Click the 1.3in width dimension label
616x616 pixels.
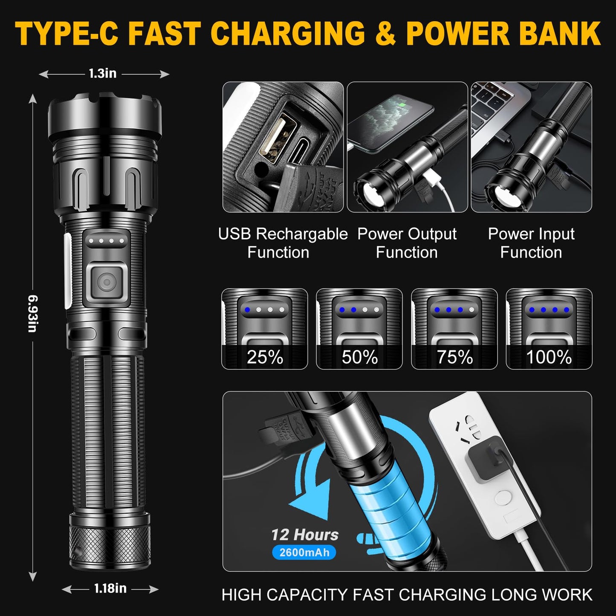103,74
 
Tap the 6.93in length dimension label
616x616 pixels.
32,313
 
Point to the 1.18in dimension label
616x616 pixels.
110,588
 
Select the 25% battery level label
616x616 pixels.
265,357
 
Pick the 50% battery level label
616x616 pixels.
359,357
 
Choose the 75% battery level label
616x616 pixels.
454,357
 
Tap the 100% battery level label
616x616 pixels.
549,357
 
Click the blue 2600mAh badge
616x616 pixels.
304,552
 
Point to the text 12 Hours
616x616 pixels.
305,535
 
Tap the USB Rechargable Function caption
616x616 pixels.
283,243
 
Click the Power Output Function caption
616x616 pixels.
407,243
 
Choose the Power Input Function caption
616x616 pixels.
531,243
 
